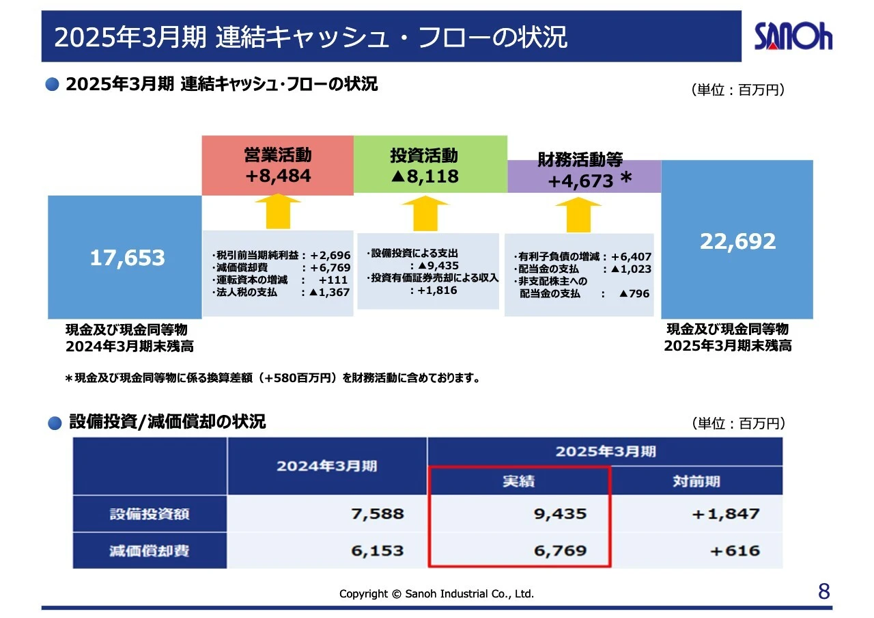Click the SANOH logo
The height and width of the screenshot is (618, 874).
pos(793,36)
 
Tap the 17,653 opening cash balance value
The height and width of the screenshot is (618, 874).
pos(128,258)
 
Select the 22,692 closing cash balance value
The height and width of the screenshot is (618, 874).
pos(737,241)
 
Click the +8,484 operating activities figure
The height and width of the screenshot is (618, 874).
pos(278,176)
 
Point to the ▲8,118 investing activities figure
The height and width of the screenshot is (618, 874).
pos(425,176)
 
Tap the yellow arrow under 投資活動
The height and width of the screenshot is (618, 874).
pos(425,213)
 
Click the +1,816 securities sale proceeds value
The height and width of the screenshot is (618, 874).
pos(436,291)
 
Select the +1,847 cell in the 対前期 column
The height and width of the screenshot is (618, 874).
pos(726,513)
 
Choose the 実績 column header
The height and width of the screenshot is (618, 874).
pos(518,481)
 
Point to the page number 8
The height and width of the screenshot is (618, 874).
pos(824,591)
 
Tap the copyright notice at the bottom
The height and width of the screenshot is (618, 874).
pos(436,594)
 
